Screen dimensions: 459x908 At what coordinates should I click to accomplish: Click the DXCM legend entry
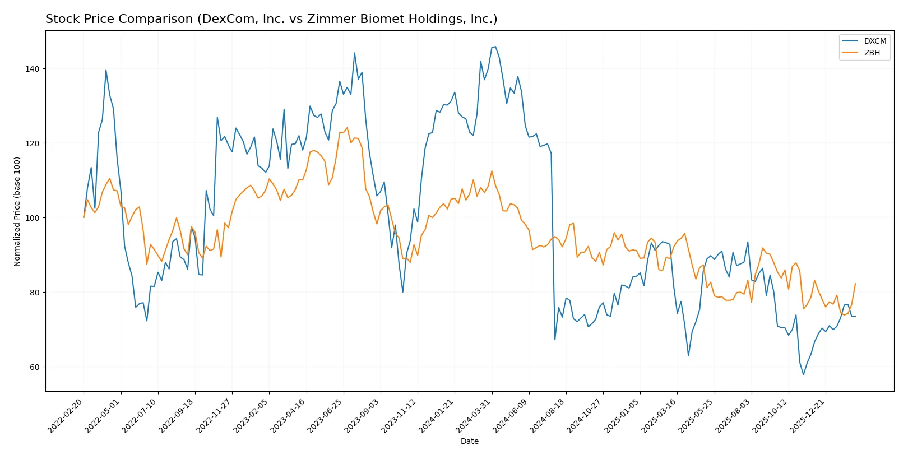(874, 41)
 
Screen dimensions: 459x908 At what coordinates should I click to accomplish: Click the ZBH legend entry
(872, 53)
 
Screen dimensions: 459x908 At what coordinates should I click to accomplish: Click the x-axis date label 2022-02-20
(66, 415)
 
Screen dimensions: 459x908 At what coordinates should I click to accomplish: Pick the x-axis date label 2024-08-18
(548, 415)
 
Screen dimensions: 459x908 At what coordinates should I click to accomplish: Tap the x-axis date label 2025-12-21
(808, 415)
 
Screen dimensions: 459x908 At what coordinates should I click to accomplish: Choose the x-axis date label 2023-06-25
(326, 415)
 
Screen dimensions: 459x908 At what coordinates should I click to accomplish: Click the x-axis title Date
(469, 442)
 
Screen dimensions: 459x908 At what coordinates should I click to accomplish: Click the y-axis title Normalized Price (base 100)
(17, 211)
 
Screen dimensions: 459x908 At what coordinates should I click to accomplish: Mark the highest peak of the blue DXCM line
(495, 47)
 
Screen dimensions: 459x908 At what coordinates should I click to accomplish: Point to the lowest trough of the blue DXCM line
(803, 375)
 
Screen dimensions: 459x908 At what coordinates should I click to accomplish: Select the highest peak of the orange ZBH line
(347, 128)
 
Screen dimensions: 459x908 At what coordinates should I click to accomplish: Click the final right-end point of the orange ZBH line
(855, 284)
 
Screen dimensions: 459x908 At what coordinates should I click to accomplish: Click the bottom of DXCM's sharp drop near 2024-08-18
(555, 340)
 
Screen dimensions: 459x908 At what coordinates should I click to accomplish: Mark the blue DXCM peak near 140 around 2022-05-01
(106, 71)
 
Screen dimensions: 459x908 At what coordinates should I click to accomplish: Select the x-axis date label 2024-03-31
(474, 415)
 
